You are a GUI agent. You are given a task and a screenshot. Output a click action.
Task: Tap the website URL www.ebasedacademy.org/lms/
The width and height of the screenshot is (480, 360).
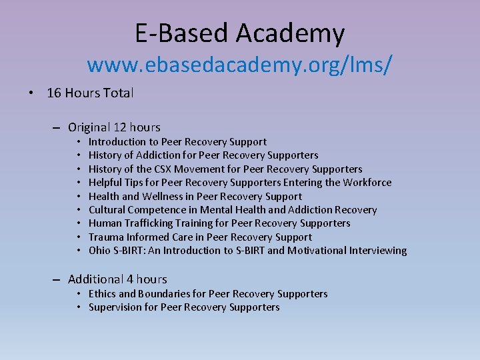coord(240,65)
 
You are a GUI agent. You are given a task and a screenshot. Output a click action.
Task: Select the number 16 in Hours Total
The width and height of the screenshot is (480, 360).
coord(53,93)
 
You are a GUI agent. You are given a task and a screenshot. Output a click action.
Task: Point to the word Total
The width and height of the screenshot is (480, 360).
coord(118,93)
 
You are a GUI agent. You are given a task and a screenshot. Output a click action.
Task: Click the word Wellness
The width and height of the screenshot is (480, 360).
coord(161,196)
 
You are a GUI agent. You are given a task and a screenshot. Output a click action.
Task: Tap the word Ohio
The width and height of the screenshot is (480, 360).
coord(99,251)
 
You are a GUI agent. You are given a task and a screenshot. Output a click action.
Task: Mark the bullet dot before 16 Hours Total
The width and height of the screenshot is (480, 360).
coord(31,93)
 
